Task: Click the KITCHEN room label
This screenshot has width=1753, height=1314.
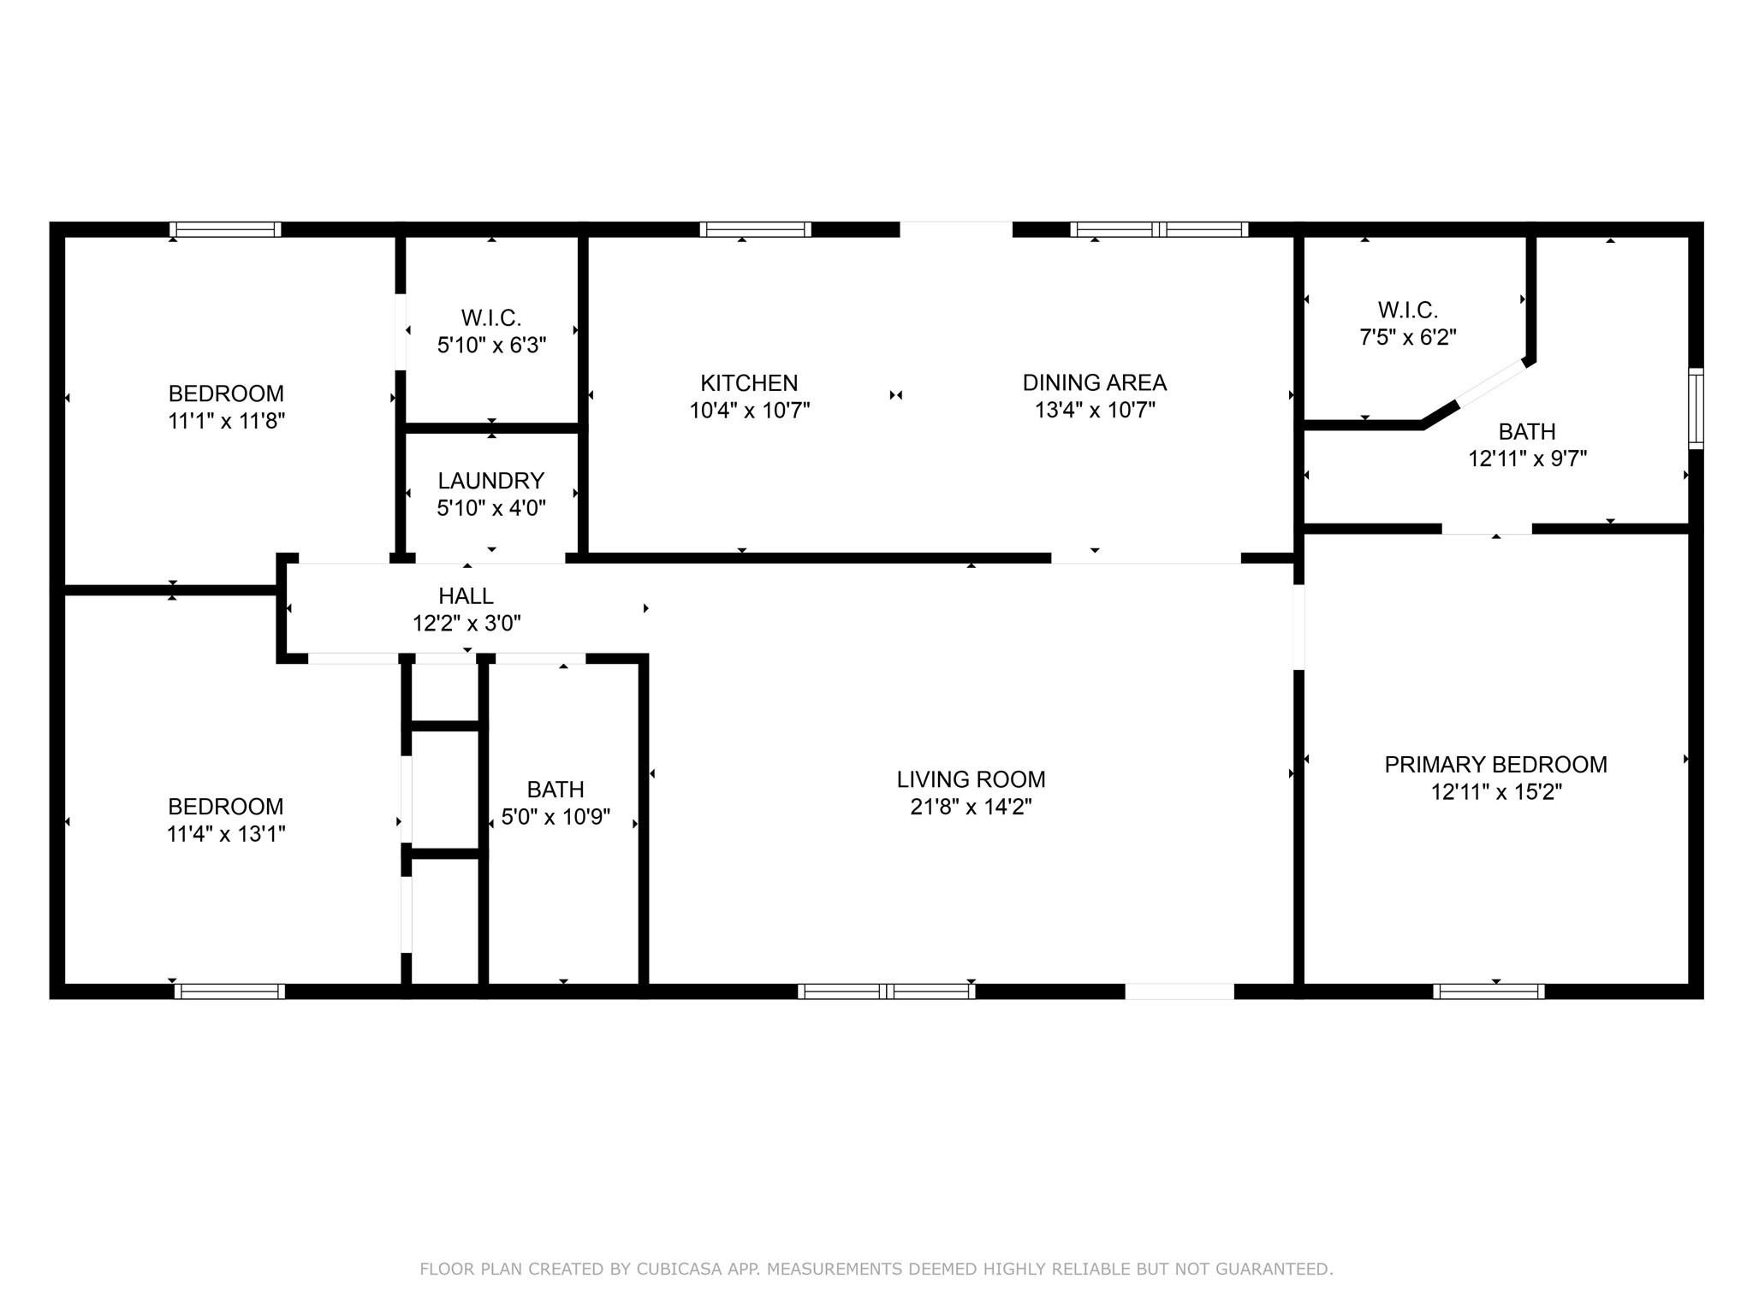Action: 749,383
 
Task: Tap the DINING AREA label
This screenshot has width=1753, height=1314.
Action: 1095,382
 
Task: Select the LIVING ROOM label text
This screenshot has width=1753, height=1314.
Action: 971,779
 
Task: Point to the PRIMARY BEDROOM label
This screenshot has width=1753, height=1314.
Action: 1495,765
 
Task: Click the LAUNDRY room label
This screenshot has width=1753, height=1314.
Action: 491,481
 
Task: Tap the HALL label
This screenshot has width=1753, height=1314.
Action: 466,596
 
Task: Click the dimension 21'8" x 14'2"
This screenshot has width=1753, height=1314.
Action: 971,807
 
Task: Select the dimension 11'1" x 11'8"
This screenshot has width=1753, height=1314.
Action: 226,421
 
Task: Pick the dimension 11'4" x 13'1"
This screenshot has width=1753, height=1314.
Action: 226,834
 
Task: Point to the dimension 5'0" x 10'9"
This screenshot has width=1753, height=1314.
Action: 556,817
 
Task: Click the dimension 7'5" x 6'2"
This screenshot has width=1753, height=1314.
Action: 1408,337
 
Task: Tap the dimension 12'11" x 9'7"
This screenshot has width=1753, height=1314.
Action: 1527,459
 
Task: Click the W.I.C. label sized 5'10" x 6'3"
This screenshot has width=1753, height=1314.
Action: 491,318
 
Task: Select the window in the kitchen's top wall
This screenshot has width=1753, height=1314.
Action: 755,229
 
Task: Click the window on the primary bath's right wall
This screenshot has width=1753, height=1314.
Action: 1696,408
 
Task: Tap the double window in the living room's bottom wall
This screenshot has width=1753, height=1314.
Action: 886,991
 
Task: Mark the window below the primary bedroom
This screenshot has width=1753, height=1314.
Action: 1489,991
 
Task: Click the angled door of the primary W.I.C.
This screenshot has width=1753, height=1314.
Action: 1491,382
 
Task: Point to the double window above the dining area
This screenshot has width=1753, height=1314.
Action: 1159,229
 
